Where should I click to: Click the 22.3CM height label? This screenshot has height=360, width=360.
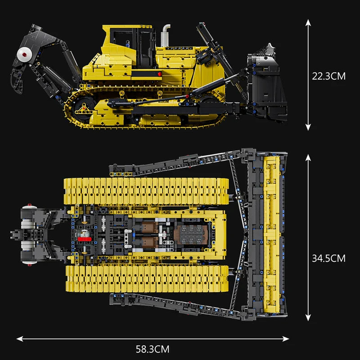pos(328,76)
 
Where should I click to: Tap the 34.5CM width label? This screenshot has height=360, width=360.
pos(328,258)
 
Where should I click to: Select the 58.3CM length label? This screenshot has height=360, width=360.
pos(153,348)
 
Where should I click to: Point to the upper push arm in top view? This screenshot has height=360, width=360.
pos(180,162)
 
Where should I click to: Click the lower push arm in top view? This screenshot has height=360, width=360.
pos(180,306)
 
